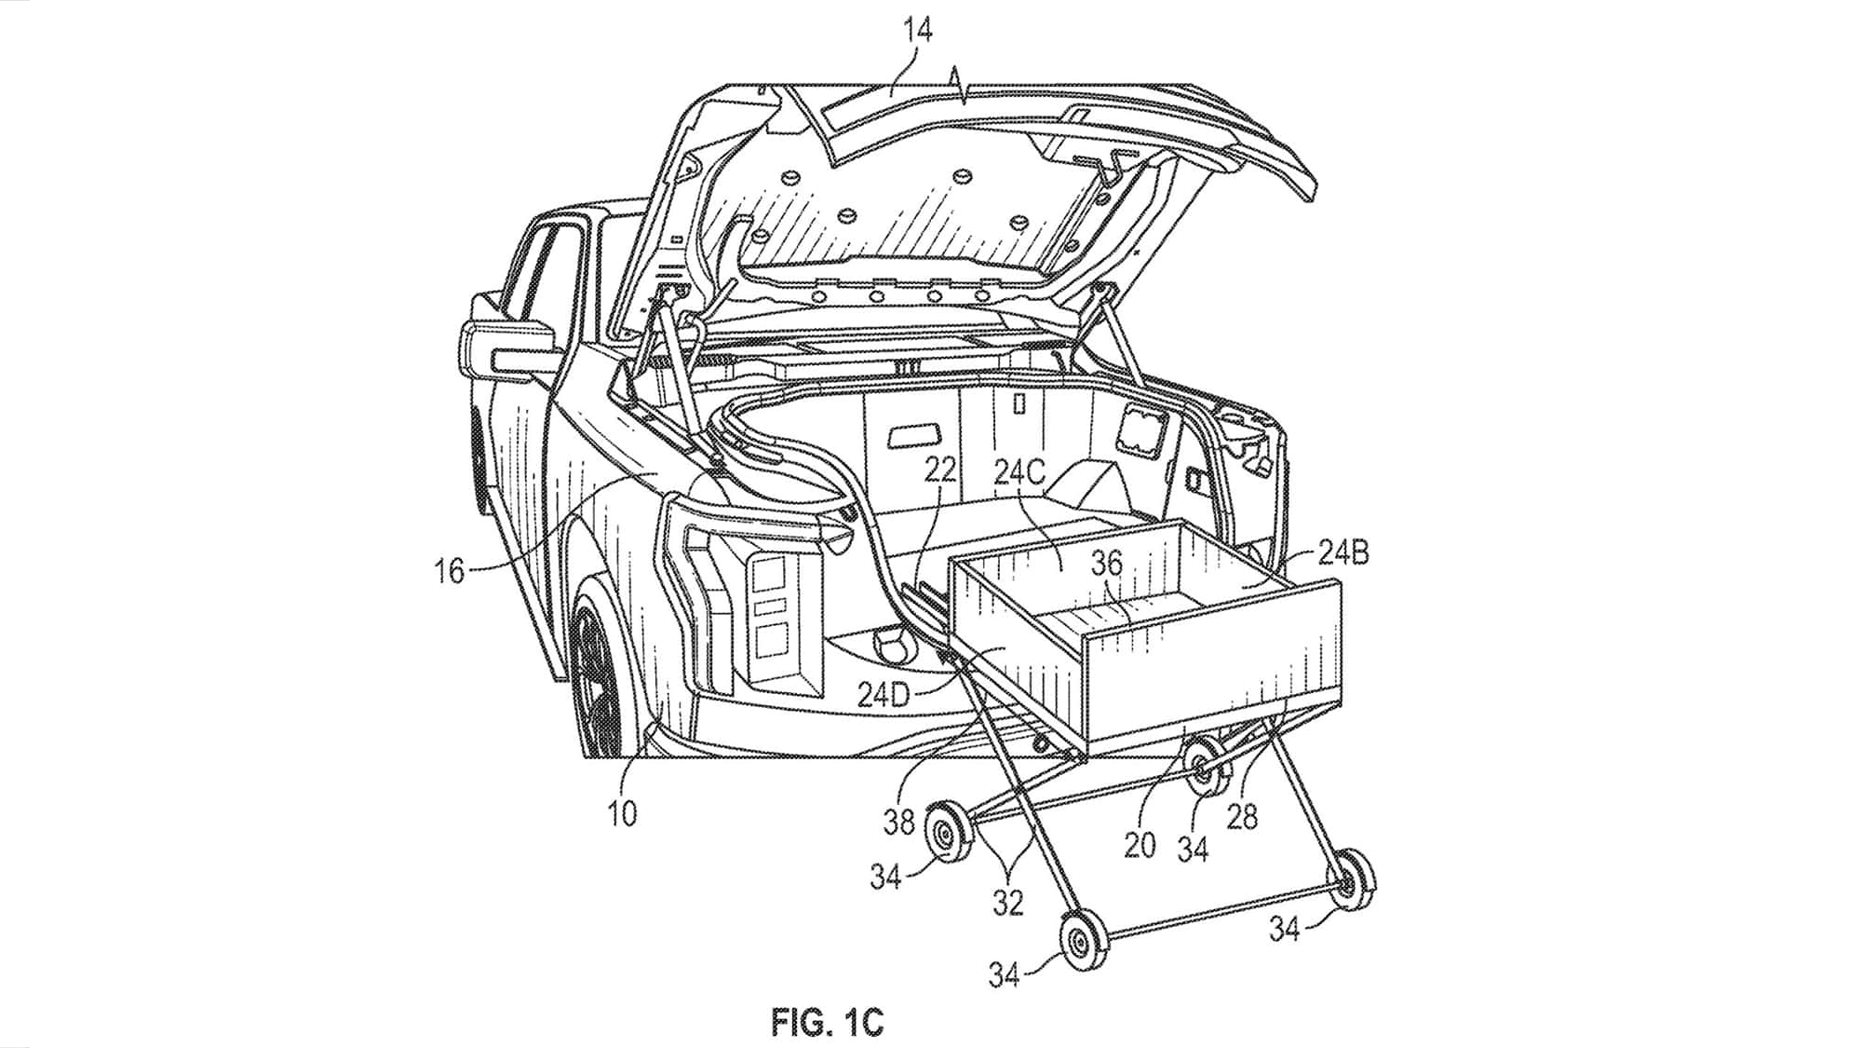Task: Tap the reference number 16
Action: click(x=450, y=569)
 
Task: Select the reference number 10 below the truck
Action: click(x=623, y=813)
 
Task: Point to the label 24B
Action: click(x=1343, y=554)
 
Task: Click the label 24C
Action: click(x=1021, y=472)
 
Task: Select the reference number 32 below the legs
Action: click(x=1008, y=903)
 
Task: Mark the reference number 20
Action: click(x=1140, y=845)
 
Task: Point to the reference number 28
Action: click(x=1243, y=817)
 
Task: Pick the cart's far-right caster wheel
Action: click(x=1351, y=878)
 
